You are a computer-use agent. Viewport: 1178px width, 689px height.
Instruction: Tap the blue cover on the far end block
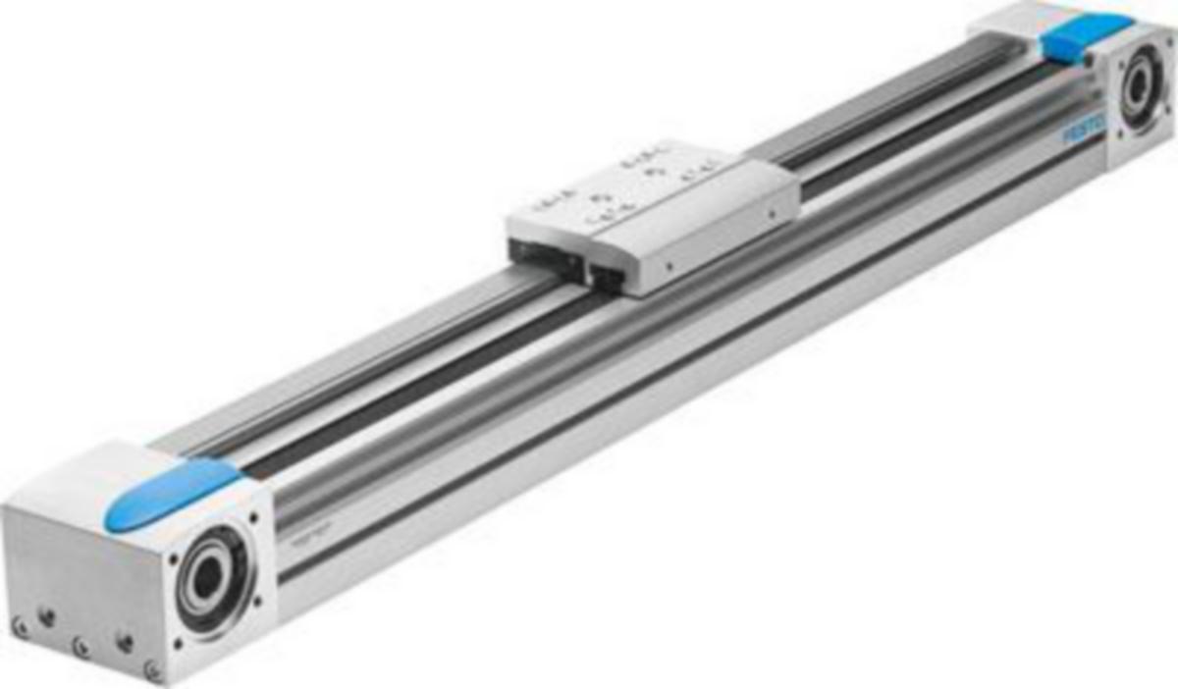coord(1086,35)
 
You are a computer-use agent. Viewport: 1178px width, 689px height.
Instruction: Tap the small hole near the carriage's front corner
coord(669,266)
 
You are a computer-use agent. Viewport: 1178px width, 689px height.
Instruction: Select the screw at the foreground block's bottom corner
coord(152,669)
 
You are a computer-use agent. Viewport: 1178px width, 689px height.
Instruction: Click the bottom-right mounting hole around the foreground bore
coord(256,602)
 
